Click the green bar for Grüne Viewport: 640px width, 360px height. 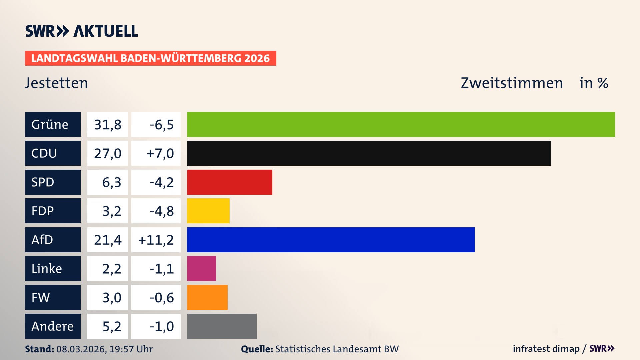(401, 124)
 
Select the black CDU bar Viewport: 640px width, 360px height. (369, 153)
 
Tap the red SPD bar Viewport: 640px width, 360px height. (229, 182)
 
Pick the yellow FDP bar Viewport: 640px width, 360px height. (208, 211)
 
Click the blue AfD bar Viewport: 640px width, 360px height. (330, 240)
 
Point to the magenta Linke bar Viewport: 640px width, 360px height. (201, 269)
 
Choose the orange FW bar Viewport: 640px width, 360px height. (207, 297)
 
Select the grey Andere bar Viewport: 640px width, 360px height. (222, 326)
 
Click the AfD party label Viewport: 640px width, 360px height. (53, 240)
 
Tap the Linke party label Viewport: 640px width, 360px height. (53, 269)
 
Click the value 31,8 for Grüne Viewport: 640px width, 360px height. (107, 125)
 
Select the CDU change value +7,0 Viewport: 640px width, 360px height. (156, 153)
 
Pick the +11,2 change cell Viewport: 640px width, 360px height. (156, 240)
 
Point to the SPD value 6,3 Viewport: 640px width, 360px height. (107, 182)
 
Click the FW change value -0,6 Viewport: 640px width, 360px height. (156, 297)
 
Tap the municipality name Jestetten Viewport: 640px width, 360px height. (56, 83)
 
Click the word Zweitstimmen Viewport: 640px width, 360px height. (512, 83)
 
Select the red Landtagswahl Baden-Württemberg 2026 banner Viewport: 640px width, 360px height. (150, 58)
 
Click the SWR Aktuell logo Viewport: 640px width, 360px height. (81, 31)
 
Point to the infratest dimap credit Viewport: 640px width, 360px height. (546, 349)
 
